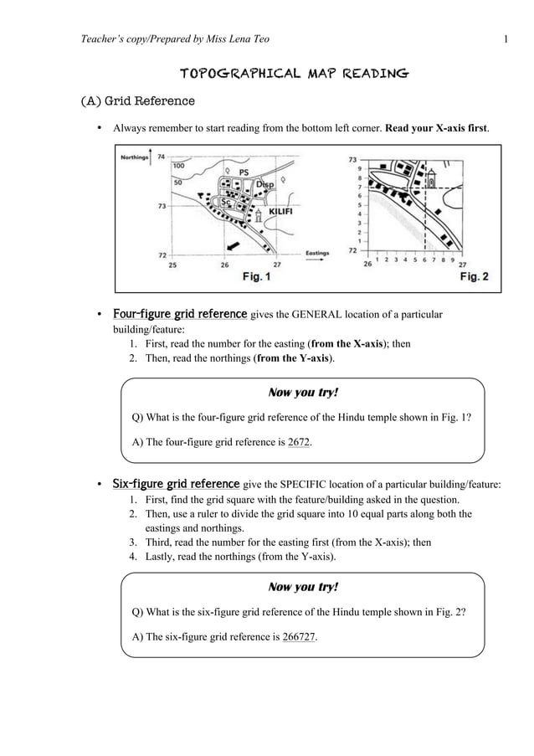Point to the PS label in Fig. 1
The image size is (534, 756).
pos(244,172)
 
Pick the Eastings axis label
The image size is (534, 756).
pos(316,252)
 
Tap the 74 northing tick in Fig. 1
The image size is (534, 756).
pos(162,157)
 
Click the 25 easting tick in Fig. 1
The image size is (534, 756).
pos(172,265)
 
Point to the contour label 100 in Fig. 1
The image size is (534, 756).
pos(178,166)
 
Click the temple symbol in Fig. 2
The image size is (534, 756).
pos(431,180)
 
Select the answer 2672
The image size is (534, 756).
pos(298,442)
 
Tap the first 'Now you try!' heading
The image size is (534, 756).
pos(302,393)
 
